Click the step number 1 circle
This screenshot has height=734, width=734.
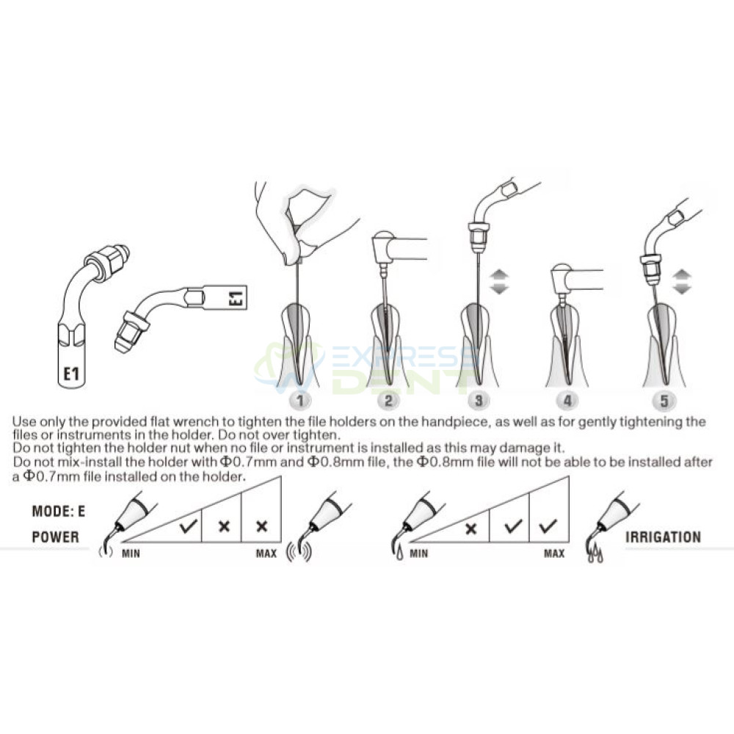tap(300, 400)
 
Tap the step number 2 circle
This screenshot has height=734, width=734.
tap(388, 400)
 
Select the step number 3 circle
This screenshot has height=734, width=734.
tap(478, 400)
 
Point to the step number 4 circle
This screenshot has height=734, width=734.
tap(567, 400)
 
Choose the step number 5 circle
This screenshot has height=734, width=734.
tap(664, 400)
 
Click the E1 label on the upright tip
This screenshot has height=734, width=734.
tap(71, 374)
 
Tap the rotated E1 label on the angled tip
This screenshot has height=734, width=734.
tap(237, 297)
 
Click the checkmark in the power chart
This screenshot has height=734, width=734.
tap(188, 526)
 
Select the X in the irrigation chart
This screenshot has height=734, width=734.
tap(471, 529)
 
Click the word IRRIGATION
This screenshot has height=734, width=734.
tap(663, 537)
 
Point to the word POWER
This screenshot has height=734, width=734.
tap(55, 537)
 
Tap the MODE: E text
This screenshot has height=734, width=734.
tap(59, 511)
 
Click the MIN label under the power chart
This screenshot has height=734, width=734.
tap(131, 553)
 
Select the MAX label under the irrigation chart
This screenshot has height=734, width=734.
tap(554, 553)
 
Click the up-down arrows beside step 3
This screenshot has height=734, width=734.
tap(499, 281)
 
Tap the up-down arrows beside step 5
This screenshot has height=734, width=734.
tap(682, 281)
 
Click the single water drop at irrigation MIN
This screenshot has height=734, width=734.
tap(399, 554)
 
